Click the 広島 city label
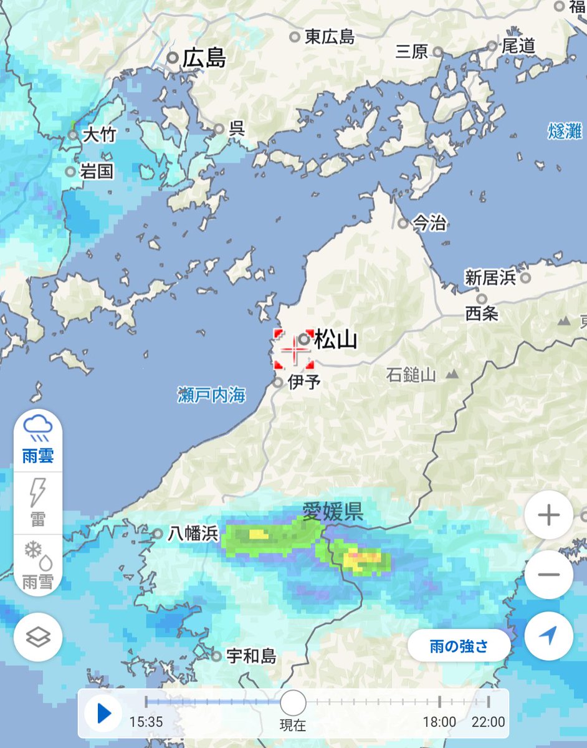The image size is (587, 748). tap(204, 59)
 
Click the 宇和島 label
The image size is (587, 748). tap(251, 656)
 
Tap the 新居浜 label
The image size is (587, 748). tap(490, 278)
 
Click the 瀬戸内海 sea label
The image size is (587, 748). tap(211, 395)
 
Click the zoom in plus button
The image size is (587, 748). tap(549, 515)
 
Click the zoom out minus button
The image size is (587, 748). tap(549, 574)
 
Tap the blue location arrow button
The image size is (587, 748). tap(549, 635)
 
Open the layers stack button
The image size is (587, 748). tap(38, 637)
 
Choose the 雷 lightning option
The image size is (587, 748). tap(38, 502)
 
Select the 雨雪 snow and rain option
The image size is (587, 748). tap(38, 564)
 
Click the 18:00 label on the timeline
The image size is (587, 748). tap(439, 722)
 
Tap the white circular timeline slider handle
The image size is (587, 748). tap(292, 702)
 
